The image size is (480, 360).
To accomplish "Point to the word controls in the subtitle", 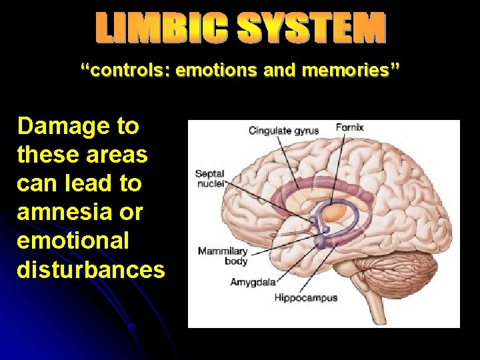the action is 125,69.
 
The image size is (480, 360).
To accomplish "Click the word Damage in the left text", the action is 59,126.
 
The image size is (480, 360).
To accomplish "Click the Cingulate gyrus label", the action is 283,131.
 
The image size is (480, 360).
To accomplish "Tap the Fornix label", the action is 350,127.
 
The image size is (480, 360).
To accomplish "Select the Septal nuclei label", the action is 209,178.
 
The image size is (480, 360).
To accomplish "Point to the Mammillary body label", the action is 222,256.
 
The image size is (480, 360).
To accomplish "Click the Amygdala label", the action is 253,282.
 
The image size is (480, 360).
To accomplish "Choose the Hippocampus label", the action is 306,297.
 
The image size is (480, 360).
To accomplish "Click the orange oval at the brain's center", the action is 337,212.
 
